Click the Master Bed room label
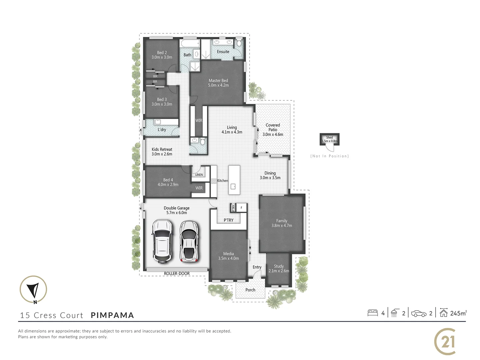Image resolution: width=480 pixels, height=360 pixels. tap(218, 81)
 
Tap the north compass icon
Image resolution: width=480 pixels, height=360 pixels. tap(33, 290)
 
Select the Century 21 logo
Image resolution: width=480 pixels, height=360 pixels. tap(445, 342)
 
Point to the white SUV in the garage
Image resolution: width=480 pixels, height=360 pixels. tap(162, 241)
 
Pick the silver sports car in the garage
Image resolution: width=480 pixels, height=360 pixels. tap(189, 241)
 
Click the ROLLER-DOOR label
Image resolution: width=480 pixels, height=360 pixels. tap(177, 274)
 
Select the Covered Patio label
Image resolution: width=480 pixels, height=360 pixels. tap(273, 127)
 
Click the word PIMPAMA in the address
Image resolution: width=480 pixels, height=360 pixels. tap(112, 315)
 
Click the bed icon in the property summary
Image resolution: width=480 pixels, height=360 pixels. tap(372, 313)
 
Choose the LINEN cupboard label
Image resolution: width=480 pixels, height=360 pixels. tap(199, 175)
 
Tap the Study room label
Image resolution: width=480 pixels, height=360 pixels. tap(279, 266)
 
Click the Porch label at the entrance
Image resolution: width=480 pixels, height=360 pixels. tap(250, 290)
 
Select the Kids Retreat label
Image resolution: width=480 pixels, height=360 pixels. tap(162, 149)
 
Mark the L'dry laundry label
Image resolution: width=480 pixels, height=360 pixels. tap(162, 130)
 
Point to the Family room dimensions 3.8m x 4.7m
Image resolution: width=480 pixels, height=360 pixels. tap(282, 226)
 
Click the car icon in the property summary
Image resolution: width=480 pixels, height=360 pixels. tap(419, 313)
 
